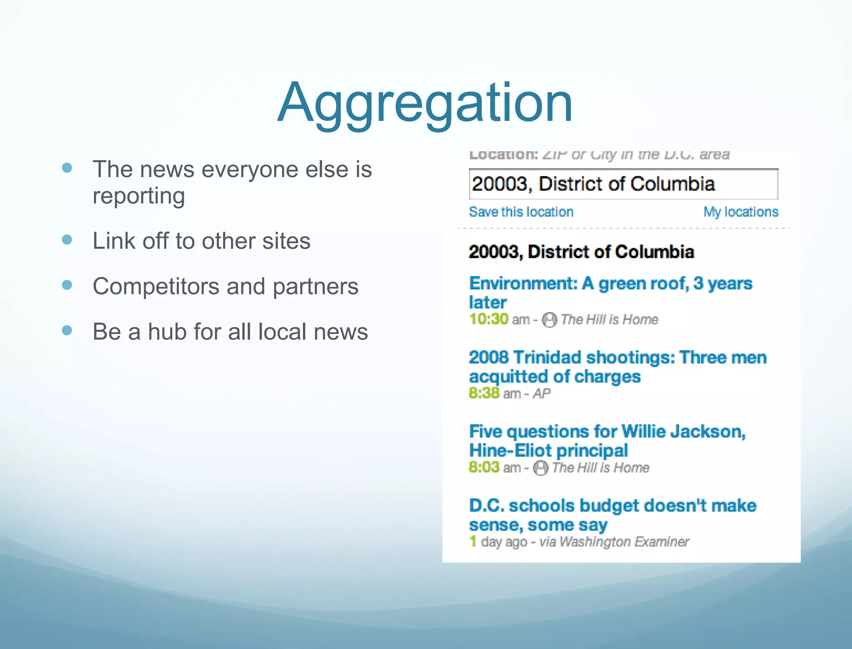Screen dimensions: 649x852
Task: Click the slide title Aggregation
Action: click(425, 103)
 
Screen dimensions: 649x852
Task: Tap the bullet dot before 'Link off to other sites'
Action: click(67, 240)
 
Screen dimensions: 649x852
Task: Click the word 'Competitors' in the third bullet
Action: click(156, 286)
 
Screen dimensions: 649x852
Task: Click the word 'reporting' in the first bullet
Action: click(139, 196)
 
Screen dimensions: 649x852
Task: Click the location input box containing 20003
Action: click(623, 184)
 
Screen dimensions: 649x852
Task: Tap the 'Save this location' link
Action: click(521, 212)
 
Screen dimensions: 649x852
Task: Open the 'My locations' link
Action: click(741, 212)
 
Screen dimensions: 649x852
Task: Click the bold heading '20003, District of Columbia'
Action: click(581, 252)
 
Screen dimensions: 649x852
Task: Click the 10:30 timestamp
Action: click(488, 319)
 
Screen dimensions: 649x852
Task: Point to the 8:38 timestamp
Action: click(484, 393)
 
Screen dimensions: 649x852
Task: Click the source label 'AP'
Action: click(541, 394)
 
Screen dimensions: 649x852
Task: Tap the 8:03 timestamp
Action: click(484, 467)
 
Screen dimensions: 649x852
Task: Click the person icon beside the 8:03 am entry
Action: click(540, 468)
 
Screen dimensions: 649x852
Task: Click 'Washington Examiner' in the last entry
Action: click(624, 542)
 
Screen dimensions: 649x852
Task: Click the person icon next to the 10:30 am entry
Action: click(550, 320)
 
